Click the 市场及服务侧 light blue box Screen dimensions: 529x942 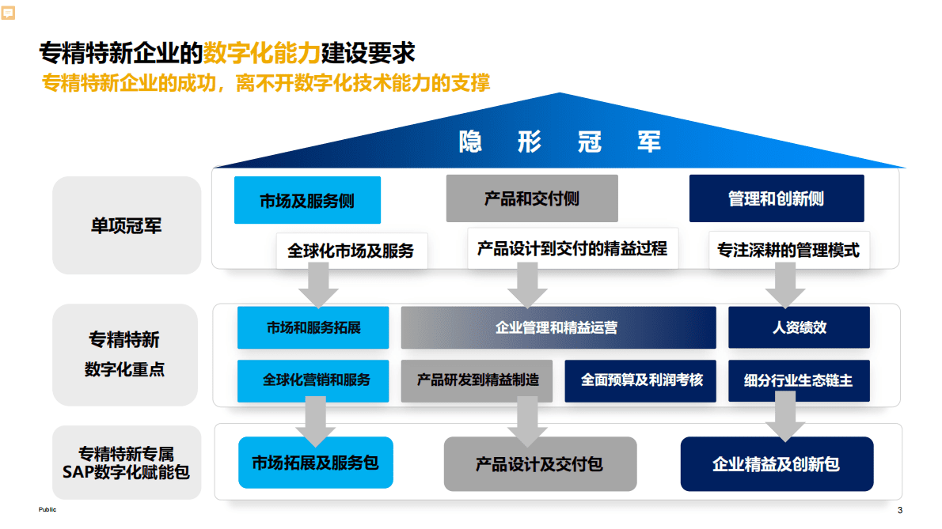[x=307, y=200]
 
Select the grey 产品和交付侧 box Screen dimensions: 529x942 [x=531, y=198]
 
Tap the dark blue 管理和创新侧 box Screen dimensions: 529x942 [x=776, y=198]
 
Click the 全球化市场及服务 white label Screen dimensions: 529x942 [x=351, y=251]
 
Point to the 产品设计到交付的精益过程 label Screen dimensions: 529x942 [x=572, y=249]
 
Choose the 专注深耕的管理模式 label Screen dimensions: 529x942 [x=788, y=251]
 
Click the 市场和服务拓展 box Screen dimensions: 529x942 [x=313, y=327]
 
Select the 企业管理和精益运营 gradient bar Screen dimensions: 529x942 [x=557, y=327]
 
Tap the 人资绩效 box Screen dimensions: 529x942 [x=799, y=327]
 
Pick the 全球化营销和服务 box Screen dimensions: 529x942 [x=313, y=380]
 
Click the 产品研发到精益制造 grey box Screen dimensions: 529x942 [x=477, y=380]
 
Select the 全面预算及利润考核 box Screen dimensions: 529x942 [x=641, y=380]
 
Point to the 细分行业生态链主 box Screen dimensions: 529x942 [x=799, y=380]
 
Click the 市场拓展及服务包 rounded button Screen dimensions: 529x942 [x=315, y=463]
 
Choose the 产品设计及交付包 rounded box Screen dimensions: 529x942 [x=539, y=463]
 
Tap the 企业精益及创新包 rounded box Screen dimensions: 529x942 [x=776, y=463]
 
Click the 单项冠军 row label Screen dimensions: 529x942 [x=127, y=225]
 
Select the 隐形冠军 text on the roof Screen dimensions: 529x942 [x=560, y=142]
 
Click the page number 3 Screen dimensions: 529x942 [x=899, y=510]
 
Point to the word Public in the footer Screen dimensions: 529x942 [x=47, y=510]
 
